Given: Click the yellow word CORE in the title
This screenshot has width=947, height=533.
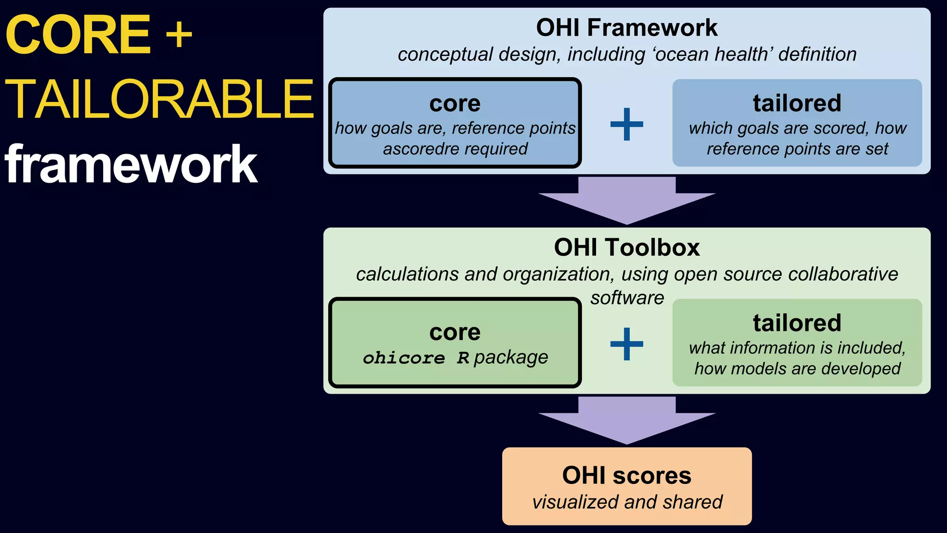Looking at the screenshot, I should tap(78, 34).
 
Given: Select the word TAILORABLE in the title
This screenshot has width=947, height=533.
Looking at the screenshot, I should tap(159, 99).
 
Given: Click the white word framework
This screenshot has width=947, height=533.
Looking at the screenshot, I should tap(131, 164).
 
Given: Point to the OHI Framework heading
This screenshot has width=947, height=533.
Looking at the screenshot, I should tap(627, 28).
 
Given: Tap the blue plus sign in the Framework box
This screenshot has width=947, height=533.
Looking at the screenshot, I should tap(627, 124).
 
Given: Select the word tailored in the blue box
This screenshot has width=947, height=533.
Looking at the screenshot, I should tap(797, 103).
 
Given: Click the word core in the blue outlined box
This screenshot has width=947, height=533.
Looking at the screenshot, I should tap(455, 103).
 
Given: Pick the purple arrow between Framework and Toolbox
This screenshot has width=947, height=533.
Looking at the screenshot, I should tap(627, 201).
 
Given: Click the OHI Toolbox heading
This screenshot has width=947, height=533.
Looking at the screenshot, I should tap(627, 248).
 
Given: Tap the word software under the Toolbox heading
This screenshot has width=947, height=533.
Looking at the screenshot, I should tap(627, 298).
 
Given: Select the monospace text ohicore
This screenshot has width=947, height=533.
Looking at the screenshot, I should tap(404, 358).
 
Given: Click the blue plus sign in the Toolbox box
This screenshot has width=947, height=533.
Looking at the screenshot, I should tap(627, 344).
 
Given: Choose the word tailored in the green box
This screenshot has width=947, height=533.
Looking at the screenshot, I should tap(797, 322).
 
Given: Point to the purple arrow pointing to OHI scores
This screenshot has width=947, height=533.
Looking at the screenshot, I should tap(627, 421).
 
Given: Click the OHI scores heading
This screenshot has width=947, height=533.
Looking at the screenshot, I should tap(627, 475).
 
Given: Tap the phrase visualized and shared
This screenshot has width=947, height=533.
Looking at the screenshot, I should tap(627, 502).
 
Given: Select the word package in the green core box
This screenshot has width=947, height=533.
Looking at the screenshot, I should tap(511, 357).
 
